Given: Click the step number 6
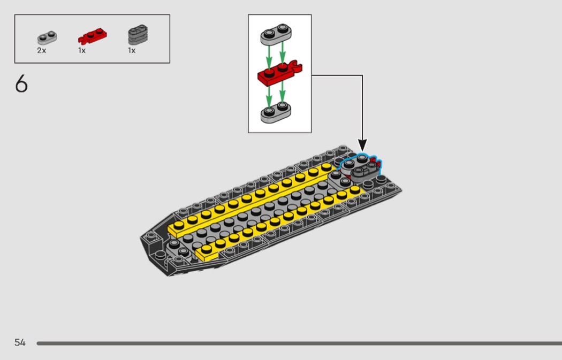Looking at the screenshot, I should coord(21,85).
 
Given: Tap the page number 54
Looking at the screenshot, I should coord(20,342).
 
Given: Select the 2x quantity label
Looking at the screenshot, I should coord(42,50).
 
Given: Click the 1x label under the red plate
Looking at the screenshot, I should coord(82,50).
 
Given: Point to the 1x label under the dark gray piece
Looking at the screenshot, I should coord(131,50).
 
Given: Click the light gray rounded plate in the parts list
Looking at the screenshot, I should coord(47,37).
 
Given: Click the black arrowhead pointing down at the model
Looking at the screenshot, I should coord(362,144).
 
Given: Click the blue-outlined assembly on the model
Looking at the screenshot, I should coord(360,166).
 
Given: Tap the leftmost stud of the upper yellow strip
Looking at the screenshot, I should coord(179,224).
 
